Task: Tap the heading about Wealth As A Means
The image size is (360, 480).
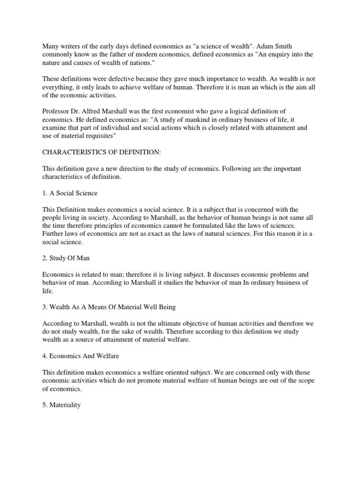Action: pos(109,307)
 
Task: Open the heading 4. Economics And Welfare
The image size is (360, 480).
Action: pos(81,356)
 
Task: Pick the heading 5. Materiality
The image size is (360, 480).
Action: pos(61,405)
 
